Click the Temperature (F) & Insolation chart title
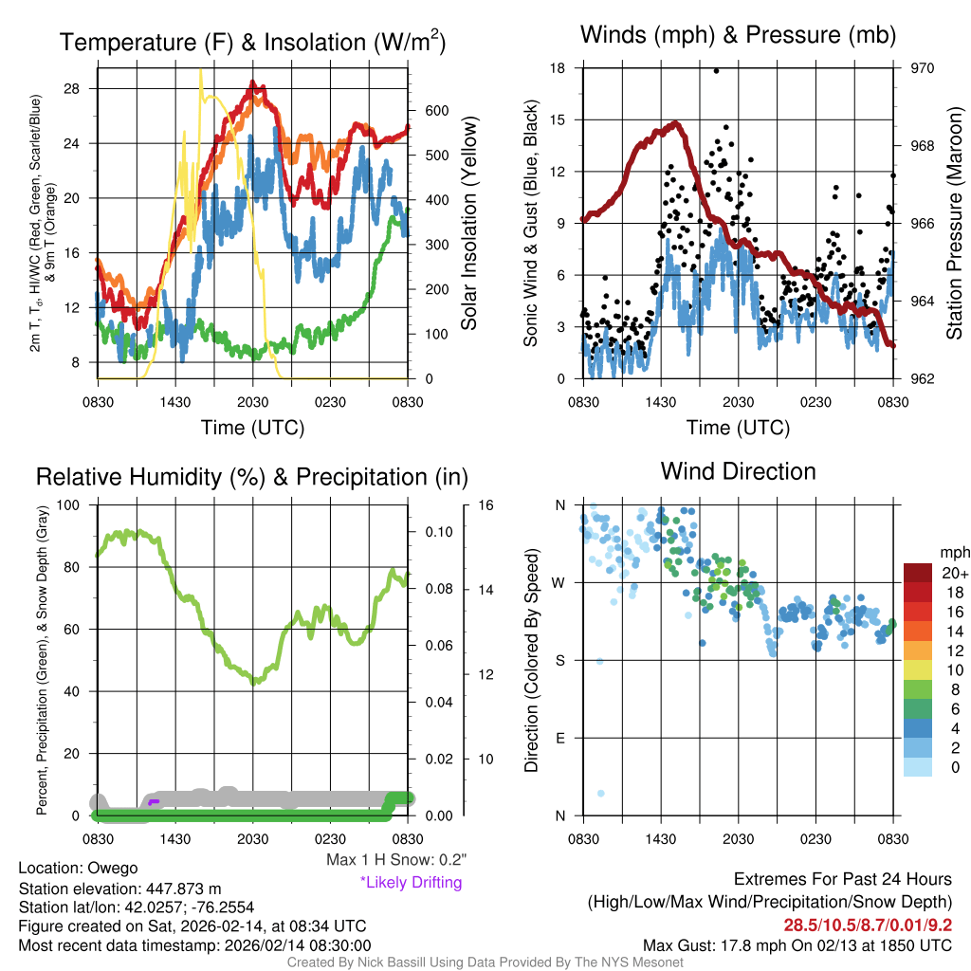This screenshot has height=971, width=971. pyautogui.click(x=252, y=42)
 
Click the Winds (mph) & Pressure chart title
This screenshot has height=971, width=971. pyautogui.click(x=739, y=35)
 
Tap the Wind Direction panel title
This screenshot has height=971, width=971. pyautogui.click(x=738, y=471)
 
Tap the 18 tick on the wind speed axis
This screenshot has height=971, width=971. pyautogui.click(x=558, y=68)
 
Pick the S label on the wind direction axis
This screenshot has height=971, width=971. pyautogui.click(x=560, y=660)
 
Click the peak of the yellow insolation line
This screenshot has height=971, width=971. pyautogui.click(x=200, y=70)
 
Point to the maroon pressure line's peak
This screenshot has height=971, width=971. pyautogui.click(x=676, y=122)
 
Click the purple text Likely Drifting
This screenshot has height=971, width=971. pyautogui.click(x=411, y=883)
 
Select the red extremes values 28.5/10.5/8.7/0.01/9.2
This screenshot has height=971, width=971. pyautogui.click(x=868, y=925)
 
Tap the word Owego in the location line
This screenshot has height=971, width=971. pyautogui.click(x=113, y=868)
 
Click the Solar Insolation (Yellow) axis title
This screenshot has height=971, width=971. pyautogui.click(x=468, y=224)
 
